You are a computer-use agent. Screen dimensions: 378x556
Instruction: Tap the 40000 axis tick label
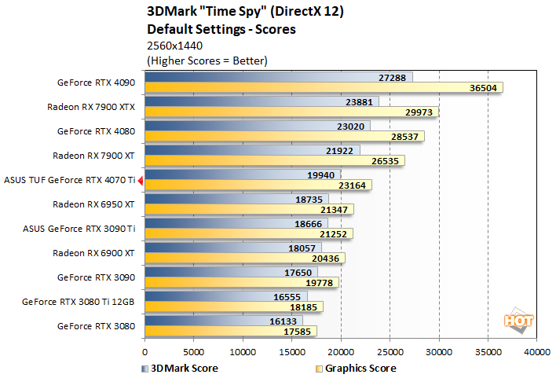pos(536,351)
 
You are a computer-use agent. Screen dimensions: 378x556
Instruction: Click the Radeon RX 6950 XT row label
pos(93,204)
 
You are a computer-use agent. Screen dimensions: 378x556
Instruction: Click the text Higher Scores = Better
pos(208,60)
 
